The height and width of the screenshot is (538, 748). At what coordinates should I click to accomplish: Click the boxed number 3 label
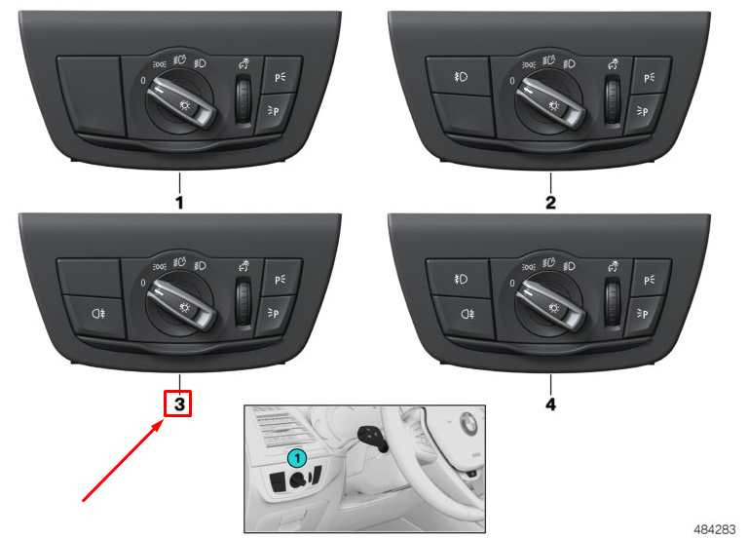(178, 403)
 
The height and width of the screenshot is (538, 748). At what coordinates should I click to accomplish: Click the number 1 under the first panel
(178, 203)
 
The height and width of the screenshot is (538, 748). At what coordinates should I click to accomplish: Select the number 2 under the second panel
(550, 203)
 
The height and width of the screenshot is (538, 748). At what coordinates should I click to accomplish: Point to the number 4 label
(550, 402)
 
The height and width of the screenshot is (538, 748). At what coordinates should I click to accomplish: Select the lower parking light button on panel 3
(280, 313)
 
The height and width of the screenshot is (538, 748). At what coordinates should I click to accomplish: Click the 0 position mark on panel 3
(143, 282)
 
